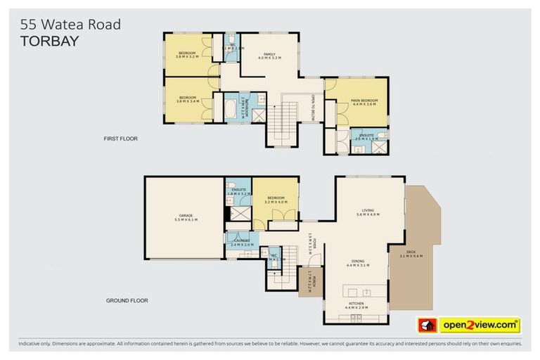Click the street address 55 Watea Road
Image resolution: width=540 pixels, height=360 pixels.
(70, 25)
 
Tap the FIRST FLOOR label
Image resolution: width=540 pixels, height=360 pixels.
(120, 139)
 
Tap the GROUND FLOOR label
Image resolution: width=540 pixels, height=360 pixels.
(127, 300)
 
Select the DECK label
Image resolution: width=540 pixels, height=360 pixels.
(410, 254)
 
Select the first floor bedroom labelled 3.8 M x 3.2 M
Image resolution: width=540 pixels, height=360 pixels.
(187, 54)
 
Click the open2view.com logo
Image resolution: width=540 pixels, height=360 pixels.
(480, 325)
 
